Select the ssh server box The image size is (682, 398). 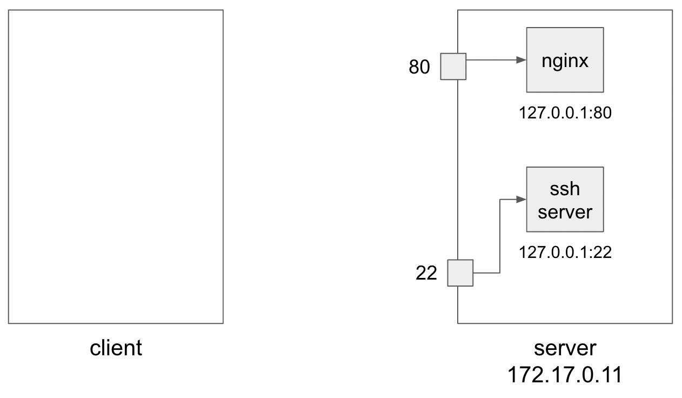[x=565, y=200]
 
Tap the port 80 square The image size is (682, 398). [x=453, y=67]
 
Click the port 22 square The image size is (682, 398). [x=460, y=273]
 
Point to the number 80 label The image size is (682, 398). [x=419, y=67]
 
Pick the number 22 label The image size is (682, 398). [x=426, y=274]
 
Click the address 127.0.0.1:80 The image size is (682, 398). [x=565, y=113]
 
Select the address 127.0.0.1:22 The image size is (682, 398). [x=565, y=252]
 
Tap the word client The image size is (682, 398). [x=116, y=348]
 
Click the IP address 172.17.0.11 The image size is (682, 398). [x=565, y=375]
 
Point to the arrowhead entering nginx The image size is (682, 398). [x=521, y=60]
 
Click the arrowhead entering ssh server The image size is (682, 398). [x=521, y=200]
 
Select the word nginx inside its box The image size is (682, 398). [x=565, y=61]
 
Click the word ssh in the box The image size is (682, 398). [x=565, y=189]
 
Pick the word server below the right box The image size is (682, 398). [x=565, y=348]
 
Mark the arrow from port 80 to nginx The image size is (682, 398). [x=494, y=60]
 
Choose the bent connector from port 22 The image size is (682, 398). [x=500, y=238]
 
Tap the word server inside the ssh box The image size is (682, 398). [x=565, y=211]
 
